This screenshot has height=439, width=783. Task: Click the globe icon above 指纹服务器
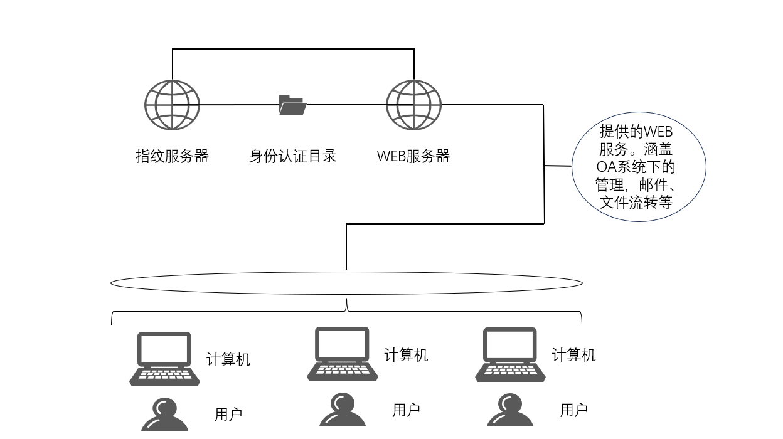point(173,105)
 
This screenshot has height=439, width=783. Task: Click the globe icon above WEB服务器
point(413,105)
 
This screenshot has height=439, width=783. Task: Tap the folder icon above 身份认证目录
point(292,105)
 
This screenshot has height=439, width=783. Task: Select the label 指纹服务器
point(172,156)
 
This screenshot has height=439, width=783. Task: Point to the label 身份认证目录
point(292,156)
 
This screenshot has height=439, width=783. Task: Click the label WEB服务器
point(413,156)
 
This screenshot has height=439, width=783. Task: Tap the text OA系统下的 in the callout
point(636,167)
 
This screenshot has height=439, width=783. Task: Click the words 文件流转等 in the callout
point(636,202)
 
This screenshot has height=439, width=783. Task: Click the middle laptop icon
point(342,354)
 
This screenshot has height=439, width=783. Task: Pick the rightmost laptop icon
point(510,354)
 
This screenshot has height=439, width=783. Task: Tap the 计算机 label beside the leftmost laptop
point(228,359)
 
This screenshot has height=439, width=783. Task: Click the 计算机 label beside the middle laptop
point(406,355)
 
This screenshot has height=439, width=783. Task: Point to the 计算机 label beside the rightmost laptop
point(573,355)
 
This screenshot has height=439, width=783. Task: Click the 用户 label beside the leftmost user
point(228,415)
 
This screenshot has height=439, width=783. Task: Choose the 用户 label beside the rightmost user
point(573,410)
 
